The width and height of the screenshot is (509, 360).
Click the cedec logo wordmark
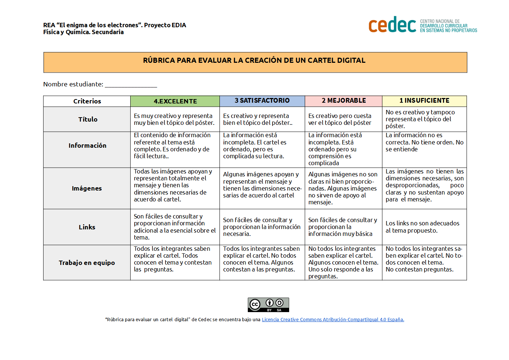392,25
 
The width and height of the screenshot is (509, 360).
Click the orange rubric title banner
255,62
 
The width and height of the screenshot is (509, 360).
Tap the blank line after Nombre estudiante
131,85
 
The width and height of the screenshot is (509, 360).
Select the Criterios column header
87,101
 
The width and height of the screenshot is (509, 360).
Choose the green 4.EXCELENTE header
175,101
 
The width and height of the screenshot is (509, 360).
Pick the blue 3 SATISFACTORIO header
262,101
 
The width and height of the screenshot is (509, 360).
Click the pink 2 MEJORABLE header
344,101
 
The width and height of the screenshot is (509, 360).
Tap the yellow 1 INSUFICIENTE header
424,101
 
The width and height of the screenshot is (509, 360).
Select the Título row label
88,119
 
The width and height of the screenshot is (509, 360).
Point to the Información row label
87,146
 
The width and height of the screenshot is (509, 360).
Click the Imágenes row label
87,188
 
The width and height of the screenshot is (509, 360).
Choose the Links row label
87,227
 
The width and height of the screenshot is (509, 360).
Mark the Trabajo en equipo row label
87,263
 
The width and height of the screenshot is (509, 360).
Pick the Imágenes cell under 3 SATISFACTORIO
262,185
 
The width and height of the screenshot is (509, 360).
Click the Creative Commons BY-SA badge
268,305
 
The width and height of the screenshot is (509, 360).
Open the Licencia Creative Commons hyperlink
333,320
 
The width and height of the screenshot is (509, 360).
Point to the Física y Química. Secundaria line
83,32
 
